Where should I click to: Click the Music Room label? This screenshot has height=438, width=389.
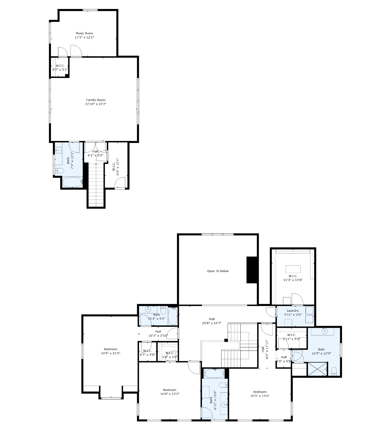84,33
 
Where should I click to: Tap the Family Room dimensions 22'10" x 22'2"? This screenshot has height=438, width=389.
96,104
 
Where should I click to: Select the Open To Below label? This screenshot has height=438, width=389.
218,271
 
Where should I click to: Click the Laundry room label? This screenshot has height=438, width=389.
293,310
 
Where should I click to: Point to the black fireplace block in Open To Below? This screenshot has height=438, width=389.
251,270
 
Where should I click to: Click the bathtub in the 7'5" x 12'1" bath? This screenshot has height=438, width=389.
72,182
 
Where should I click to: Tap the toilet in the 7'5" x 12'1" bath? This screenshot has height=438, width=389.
60,171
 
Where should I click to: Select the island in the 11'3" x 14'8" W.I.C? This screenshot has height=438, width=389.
293,269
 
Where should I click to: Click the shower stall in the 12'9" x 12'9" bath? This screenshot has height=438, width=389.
317,369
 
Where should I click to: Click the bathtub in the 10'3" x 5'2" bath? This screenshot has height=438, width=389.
172,316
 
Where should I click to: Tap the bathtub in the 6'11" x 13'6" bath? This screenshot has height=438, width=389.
214,373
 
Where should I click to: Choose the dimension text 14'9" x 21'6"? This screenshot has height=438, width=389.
111,353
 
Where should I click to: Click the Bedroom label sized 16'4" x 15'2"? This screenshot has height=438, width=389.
169,390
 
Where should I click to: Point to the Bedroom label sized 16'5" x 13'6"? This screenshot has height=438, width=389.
260,392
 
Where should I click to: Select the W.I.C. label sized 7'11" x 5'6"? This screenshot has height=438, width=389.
291,335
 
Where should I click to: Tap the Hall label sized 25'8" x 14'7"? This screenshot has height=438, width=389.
211,319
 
